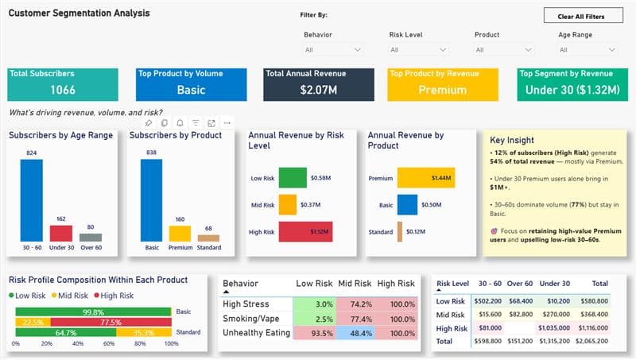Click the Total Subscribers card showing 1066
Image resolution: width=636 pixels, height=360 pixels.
pyautogui.click(x=63, y=84)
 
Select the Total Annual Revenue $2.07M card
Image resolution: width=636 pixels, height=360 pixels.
pyautogui.click(x=319, y=84)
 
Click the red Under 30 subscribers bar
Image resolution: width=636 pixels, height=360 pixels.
pyautogui.click(x=61, y=232)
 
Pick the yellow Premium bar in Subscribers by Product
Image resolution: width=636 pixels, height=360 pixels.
pyautogui.click(x=180, y=233)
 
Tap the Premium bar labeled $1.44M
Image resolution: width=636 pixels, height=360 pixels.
pyautogui.click(x=425, y=177)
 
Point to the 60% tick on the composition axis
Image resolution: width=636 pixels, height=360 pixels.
pyautogui.click(x=110, y=343)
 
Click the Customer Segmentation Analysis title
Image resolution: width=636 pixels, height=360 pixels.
pyautogui.click(x=79, y=14)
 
